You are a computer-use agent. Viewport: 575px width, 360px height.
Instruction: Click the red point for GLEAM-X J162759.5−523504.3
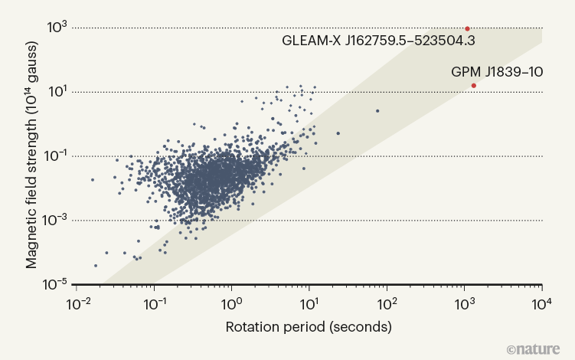point(467,28)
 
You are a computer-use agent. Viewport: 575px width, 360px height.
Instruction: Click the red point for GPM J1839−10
point(474,85)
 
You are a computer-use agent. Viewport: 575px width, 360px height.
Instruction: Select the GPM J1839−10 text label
point(497,72)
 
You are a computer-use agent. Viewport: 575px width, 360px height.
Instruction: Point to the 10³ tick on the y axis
point(59,28)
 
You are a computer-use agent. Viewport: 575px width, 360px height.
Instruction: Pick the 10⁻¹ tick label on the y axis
point(57,157)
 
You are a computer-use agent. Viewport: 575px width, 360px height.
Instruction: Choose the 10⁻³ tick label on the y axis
point(57,221)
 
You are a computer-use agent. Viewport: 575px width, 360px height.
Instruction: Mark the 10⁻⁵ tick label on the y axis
point(57,285)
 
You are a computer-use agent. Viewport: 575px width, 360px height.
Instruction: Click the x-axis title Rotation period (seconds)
point(309,327)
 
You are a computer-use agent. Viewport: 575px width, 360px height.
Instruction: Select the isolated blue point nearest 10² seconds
point(377,111)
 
